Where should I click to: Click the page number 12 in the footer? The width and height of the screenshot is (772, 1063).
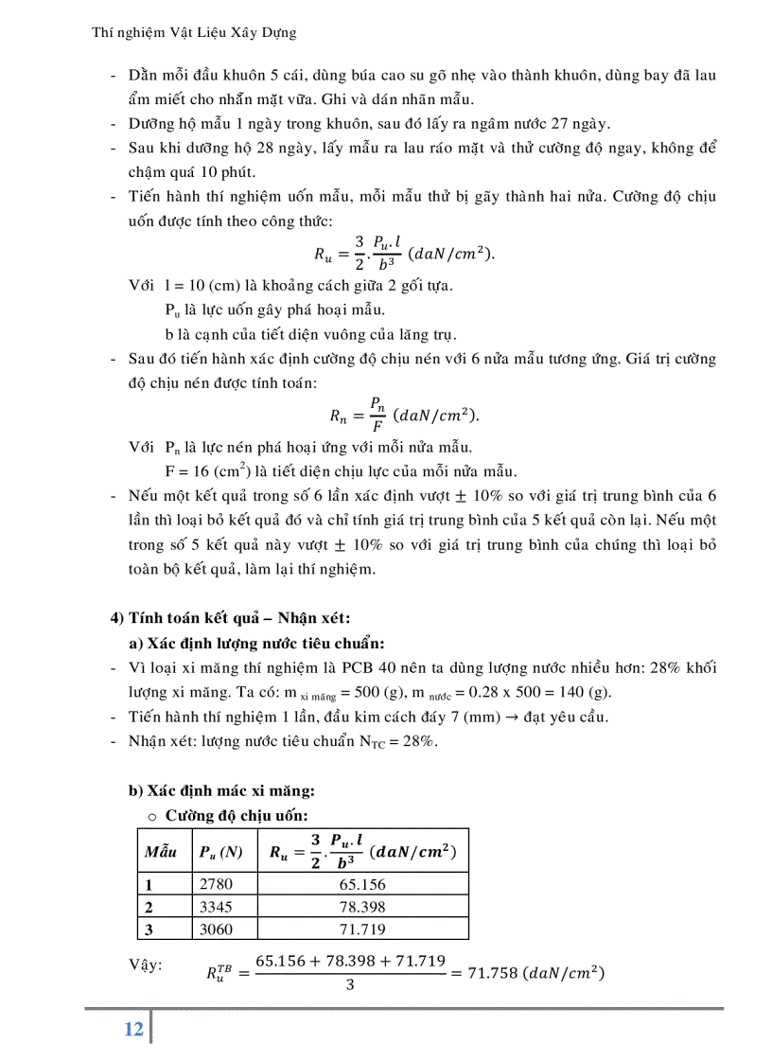click(133, 1029)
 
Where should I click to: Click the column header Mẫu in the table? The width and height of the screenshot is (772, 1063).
click(161, 851)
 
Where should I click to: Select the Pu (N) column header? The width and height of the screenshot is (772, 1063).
click(220, 851)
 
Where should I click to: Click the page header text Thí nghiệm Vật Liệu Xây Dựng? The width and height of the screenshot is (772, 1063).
click(194, 32)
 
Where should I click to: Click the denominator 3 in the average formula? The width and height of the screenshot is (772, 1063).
click(350, 984)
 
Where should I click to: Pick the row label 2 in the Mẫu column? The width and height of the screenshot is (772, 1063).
click(149, 907)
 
